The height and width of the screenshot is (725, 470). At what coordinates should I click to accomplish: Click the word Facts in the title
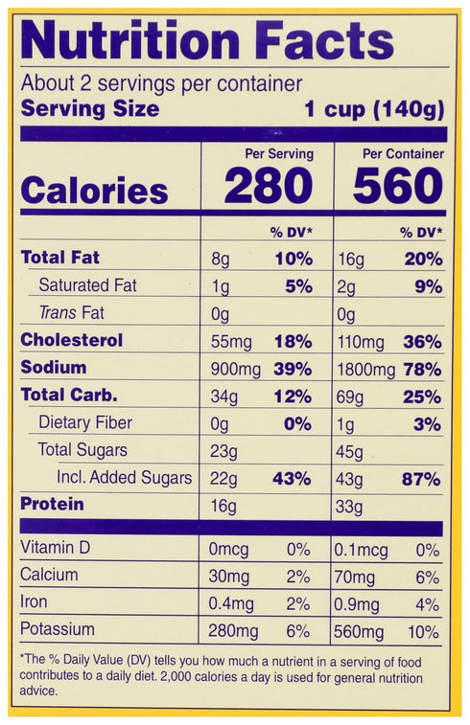[324, 40]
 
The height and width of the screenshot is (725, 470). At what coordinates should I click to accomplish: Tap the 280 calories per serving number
[269, 186]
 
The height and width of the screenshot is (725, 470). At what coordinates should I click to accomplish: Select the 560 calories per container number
[398, 186]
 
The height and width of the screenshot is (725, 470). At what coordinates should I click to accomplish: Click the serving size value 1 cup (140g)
[374, 110]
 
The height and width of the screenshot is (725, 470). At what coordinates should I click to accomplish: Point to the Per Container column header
[403, 153]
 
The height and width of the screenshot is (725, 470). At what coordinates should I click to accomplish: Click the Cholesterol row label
[72, 340]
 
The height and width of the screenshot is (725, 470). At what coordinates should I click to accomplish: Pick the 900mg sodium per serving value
[235, 370]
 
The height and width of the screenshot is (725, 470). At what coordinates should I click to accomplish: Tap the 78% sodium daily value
[422, 370]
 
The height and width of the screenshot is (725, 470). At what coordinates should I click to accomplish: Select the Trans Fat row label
[72, 312]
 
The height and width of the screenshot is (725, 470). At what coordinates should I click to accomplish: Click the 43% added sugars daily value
[292, 479]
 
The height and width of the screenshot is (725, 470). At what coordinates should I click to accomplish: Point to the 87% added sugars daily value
[421, 479]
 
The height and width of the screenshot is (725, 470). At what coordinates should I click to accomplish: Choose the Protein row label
[53, 504]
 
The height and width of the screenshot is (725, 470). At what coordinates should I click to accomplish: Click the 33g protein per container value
[349, 508]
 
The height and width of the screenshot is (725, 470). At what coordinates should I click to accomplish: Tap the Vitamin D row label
[55, 548]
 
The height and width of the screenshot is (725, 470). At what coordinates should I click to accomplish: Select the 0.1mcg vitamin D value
[362, 551]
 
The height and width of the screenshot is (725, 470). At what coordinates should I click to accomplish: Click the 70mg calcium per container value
[355, 578]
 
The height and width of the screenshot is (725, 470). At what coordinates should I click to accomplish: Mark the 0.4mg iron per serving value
[231, 604]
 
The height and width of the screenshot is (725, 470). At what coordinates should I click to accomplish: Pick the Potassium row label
[58, 629]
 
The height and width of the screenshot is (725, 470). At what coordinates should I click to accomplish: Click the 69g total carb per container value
[349, 397]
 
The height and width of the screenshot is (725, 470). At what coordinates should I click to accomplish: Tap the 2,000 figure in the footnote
[175, 677]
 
